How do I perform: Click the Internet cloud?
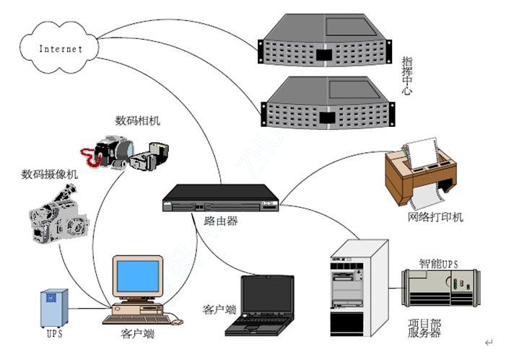click(60, 48)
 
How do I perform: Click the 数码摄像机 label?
click(50, 174)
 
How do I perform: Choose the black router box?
click(220, 198)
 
